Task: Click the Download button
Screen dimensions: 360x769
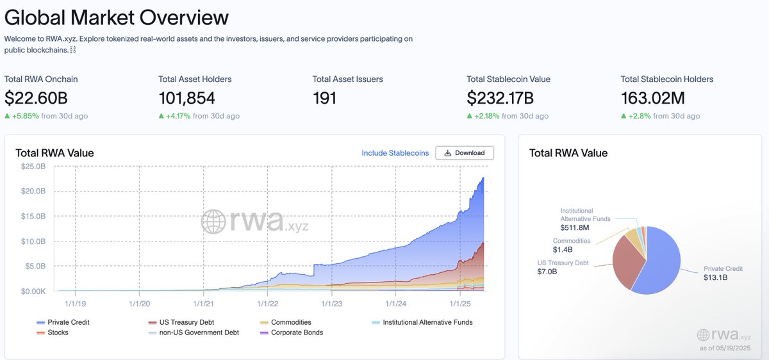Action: pyautogui.click(x=465, y=153)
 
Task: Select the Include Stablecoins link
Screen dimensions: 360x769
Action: pyautogui.click(x=395, y=153)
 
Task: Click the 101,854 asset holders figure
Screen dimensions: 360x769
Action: pyautogui.click(x=186, y=98)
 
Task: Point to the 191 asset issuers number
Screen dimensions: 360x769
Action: pyautogui.click(x=324, y=98)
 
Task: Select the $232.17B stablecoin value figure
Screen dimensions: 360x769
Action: pyautogui.click(x=500, y=98)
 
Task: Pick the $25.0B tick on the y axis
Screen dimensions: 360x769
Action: pyautogui.click(x=34, y=167)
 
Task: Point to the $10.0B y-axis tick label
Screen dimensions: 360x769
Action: pyautogui.click(x=34, y=241)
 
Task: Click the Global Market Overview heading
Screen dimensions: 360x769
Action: pyautogui.click(x=116, y=17)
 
